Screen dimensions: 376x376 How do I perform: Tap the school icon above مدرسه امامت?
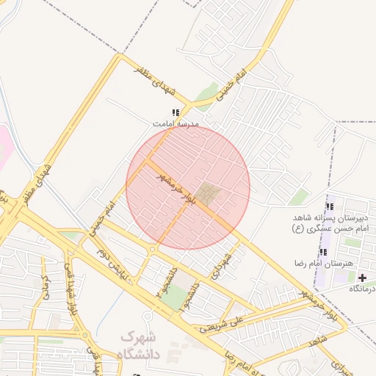[x=176, y=112]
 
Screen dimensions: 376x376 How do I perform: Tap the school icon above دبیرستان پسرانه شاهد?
[x=329, y=206]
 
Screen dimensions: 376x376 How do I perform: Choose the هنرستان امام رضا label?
[x=324, y=263]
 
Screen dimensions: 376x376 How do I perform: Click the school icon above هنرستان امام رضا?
[x=323, y=252]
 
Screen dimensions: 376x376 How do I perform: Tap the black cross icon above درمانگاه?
[x=361, y=278]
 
